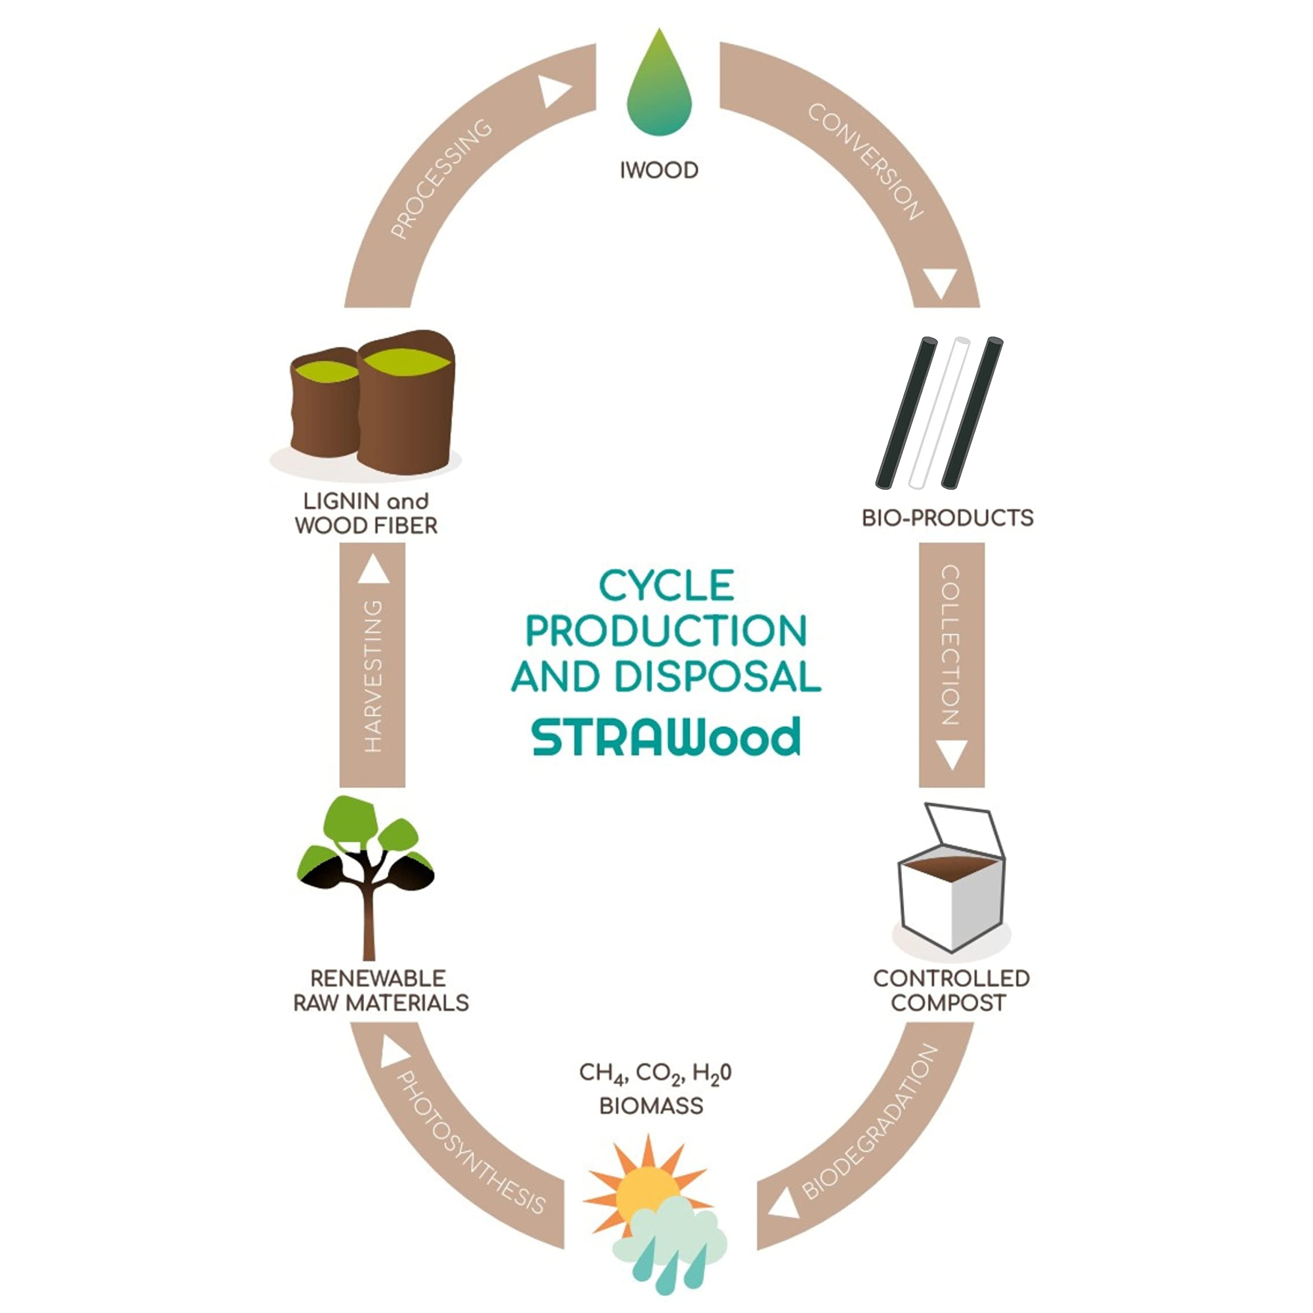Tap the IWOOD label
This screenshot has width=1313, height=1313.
(659, 170)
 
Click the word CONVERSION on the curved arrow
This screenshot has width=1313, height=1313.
(865, 162)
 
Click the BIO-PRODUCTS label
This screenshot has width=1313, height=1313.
(947, 518)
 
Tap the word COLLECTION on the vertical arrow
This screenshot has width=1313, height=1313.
(951, 646)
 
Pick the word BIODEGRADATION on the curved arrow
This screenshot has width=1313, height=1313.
(870, 1123)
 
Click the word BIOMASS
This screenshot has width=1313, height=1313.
(651, 1106)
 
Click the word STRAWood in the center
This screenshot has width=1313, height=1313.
(666, 738)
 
